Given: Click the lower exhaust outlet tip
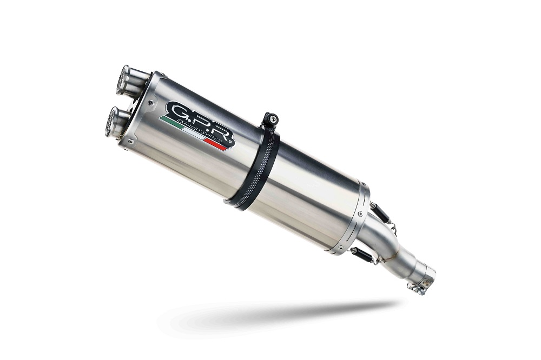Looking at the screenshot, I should tap(115, 119).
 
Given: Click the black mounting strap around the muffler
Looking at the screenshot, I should tap(254, 173).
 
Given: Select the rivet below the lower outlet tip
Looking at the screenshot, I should tap(120, 142).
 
